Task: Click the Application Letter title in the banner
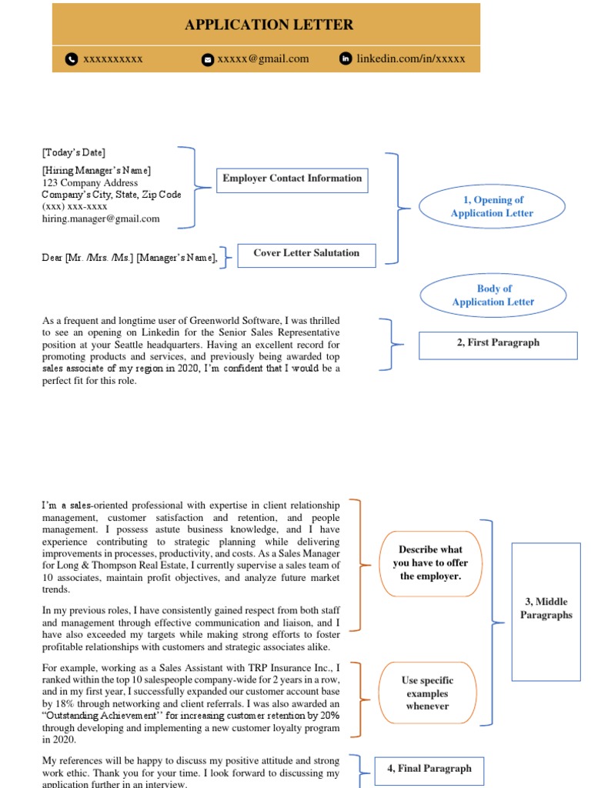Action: click(x=269, y=25)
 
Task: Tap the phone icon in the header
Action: click(x=72, y=58)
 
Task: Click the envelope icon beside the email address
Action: click(x=207, y=59)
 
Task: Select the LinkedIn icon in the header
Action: click(x=346, y=58)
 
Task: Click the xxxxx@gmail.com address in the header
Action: click(x=262, y=58)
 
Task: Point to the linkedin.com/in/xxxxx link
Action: click(x=410, y=58)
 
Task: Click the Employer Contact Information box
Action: click(x=292, y=179)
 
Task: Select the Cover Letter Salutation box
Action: click(x=306, y=253)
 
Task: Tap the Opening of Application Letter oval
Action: click(x=492, y=206)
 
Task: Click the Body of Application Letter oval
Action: click(x=493, y=295)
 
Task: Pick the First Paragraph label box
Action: click(x=497, y=343)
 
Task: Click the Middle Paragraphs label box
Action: click(x=546, y=608)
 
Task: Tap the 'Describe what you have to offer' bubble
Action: click(x=430, y=563)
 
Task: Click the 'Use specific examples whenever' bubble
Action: click(x=427, y=693)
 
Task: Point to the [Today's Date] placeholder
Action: click(x=74, y=152)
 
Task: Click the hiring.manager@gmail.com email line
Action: click(x=101, y=219)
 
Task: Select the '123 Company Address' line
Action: click(x=90, y=183)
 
